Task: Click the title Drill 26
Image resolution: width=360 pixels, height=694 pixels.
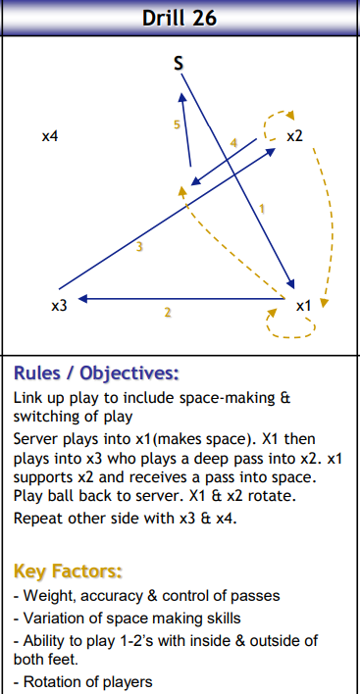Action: coord(180,18)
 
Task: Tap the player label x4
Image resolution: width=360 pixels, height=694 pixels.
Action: coord(50,137)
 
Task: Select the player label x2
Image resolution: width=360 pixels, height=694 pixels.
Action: coord(294,137)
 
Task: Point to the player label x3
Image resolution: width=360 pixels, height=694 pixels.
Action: coord(59,307)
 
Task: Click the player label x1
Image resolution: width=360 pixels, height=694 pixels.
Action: coord(303,306)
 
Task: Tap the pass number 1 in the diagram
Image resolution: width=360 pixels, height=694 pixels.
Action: coord(262,208)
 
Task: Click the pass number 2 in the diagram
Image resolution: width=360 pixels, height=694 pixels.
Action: coord(168,313)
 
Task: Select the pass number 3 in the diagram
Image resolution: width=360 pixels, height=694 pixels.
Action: coord(139,247)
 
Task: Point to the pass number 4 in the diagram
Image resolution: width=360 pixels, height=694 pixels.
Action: coord(233,143)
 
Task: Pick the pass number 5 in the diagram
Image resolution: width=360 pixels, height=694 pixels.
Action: coord(177,125)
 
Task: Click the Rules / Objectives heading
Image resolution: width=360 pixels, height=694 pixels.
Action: coord(96,373)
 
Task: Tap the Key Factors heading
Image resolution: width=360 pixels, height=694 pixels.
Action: coord(68,570)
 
